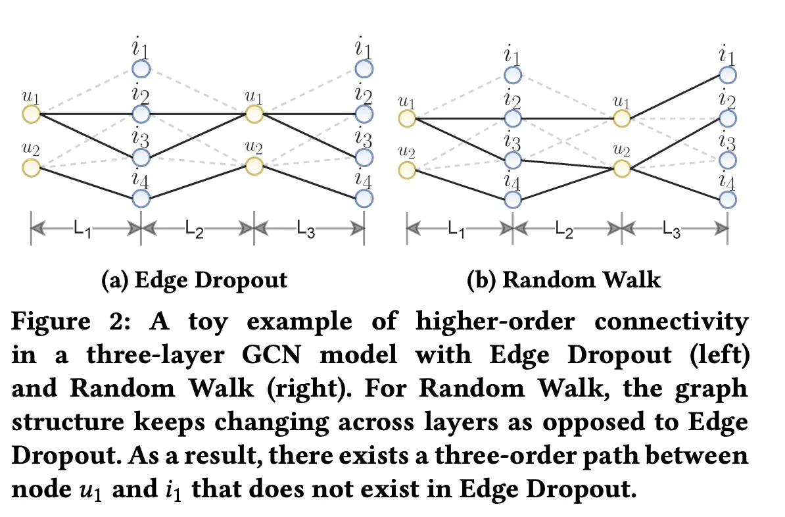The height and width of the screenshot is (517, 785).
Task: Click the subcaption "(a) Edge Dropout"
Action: pyautogui.click(x=195, y=280)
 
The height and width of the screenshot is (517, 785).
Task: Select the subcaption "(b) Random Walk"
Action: pyautogui.click(x=563, y=280)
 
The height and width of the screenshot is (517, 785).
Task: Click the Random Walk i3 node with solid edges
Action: pyautogui.click(x=512, y=160)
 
